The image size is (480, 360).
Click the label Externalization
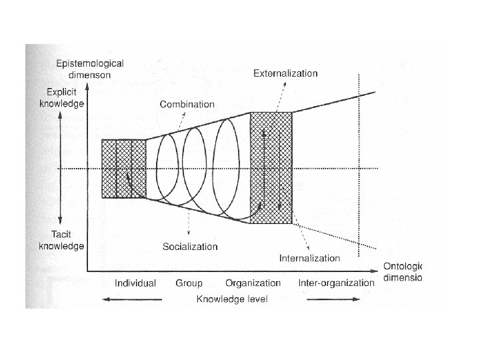pyautogui.click(x=285, y=73)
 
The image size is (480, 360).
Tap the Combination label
pyautogui.click(x=187, y=104)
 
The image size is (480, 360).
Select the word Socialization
pyautogui.click(x=190, y=247)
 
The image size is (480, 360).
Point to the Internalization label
pyautogui.click(x=309, y=258)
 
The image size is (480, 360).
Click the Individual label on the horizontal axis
pyautogui.click(x=135, y=283)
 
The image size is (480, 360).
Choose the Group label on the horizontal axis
pyautogui.click(x=189, y=283)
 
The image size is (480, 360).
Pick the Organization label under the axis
pyautogui.click(x=253, y=283)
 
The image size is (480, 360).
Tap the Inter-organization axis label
pyautogui.click(x=336, y=283)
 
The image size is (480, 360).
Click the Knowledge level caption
pyautogui.click(x=231, y=299)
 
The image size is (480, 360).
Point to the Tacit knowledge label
pyautogui.click(x=62, y=241)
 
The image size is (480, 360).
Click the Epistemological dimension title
pyautogui.click(x=90, y=69)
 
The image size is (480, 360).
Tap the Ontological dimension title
pyautogui.click(x=402, y=271)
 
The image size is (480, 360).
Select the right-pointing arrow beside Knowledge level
pyautogui.click(x=330, y=300)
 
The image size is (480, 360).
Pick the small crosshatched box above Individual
pyautogui.click(x=123, y=169)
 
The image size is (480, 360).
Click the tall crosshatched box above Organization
pyautogui.click(x=271, y=168)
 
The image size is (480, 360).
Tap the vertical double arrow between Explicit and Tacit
pyautogui.click(x=60, y=169)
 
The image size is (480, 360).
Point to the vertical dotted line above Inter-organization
pyautogui.click(x=359, y=167)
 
